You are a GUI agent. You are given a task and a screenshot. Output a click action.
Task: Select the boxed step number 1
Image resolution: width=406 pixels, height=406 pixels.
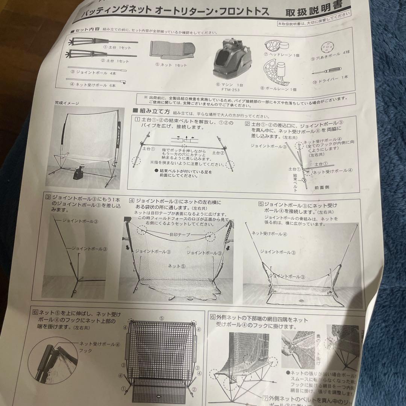138,120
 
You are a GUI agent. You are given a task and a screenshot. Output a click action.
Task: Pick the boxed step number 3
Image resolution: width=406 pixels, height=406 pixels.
48,197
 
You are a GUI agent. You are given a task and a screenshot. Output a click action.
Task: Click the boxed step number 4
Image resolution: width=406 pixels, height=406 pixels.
132,200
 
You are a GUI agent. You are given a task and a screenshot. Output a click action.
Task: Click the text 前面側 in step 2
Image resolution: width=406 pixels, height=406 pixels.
322,187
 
